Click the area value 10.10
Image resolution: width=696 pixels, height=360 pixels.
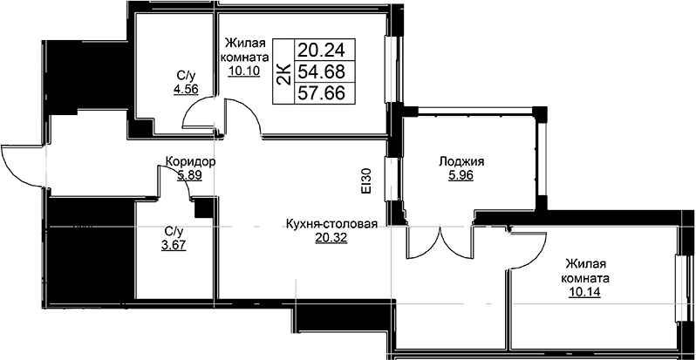(x=244, y=71)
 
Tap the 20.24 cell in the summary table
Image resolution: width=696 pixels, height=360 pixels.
(x=324, y=50)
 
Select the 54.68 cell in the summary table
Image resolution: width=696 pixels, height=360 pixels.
(x=324, y=71)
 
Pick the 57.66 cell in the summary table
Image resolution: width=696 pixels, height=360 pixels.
(x=324, y=92)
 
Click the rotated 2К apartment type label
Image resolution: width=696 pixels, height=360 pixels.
(x=283, y=71)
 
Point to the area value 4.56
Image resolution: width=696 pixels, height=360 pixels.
(x=186, y=88)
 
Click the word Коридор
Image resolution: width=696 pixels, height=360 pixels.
(x=190, y=162)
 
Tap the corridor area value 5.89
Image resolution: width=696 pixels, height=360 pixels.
(x=190, y=175)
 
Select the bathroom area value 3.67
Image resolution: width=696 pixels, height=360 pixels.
(x=174, y=245)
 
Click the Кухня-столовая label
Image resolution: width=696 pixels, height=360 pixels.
(x=331, y=224)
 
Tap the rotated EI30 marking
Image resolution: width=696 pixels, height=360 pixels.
(x=366, y=181)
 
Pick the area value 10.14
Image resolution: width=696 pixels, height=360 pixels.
(x=585, y=293)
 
